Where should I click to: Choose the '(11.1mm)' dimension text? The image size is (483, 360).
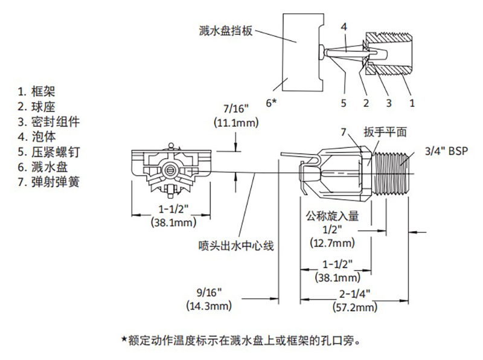236,123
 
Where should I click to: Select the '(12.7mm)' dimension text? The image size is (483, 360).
331,243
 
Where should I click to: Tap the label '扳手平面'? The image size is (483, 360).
386,132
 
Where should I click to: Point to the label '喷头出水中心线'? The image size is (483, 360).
237,245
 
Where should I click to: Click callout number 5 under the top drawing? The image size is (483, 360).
343,102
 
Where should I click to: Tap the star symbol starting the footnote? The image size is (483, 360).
124,339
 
